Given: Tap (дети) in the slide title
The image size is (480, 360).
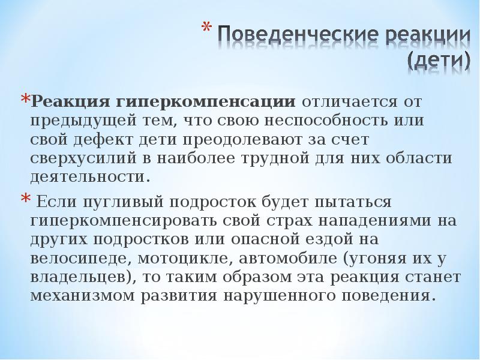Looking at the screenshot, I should (x=439, y=59).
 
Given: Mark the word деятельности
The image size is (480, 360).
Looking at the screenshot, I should (x=88, y=178).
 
